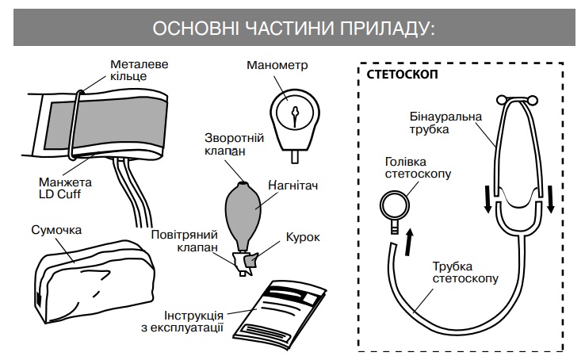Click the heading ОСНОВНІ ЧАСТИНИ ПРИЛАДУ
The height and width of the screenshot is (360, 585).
(292, 28)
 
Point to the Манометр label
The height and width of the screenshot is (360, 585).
(277, 65)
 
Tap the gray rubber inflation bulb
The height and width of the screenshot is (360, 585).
(246, 210)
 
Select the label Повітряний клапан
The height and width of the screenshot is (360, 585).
(179, 241)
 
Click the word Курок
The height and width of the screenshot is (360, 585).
(303, 237)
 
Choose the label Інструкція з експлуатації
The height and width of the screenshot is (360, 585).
(193, 320)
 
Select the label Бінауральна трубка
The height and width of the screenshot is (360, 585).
(434, 123)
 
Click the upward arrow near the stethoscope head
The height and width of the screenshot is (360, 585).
(409, 240)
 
